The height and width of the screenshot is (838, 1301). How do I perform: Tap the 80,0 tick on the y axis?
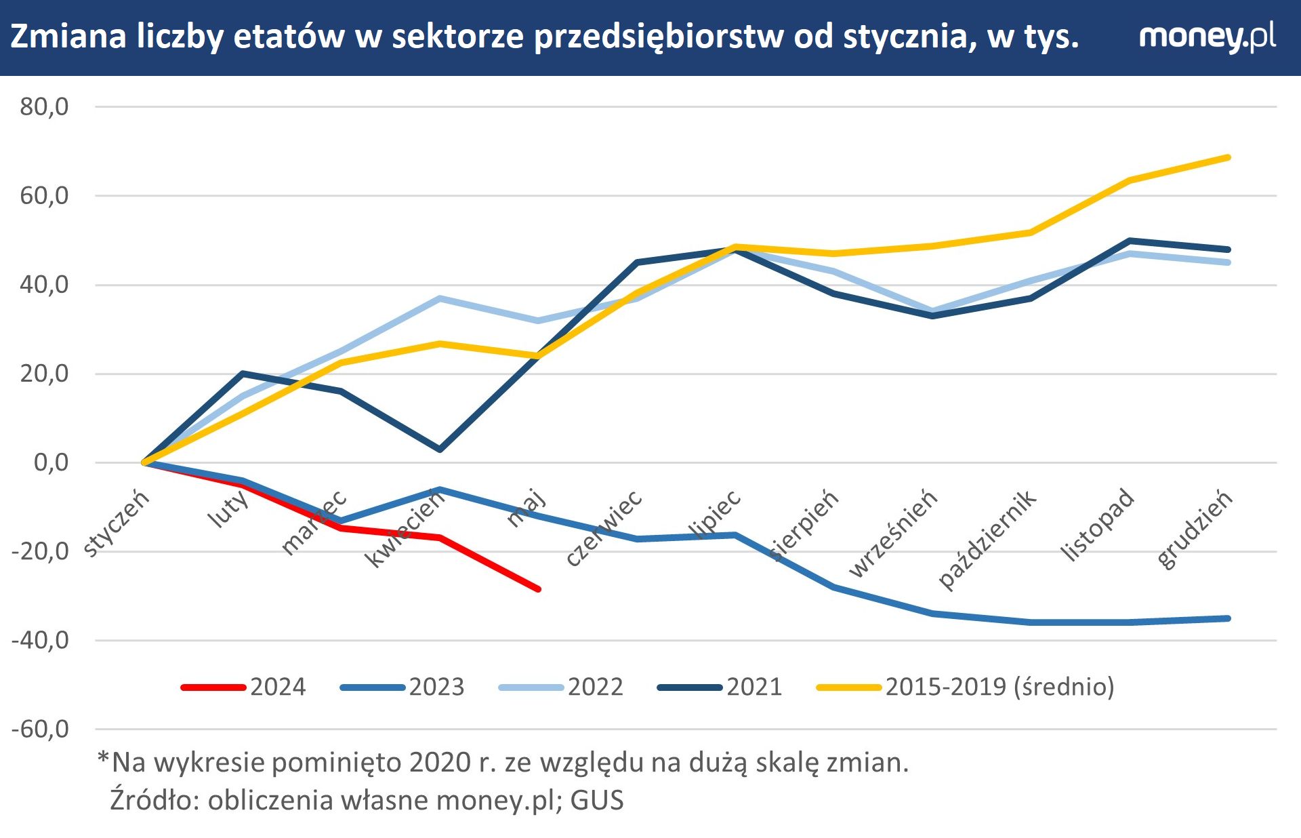click(44, 106)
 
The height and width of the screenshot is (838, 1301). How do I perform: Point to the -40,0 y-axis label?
click(41, 640)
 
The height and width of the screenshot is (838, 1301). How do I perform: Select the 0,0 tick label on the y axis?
click(51, 462)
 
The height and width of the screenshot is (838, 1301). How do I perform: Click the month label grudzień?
click(1194, 530)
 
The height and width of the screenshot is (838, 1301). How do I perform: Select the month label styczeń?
click(116, 523)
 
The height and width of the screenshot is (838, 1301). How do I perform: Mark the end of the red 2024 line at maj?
click(538, 589)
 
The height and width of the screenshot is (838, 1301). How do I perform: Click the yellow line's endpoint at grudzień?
click(1228, 158)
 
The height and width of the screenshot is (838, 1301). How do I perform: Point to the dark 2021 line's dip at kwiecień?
click(440, 450)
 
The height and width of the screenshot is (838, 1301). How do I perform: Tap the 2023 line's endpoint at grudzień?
click(1228, 618)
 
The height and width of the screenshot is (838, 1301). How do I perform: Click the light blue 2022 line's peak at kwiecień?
click(440, 298)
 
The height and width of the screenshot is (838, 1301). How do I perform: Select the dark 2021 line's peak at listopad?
click(1129, 241)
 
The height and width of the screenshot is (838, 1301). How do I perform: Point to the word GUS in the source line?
click(596, 800)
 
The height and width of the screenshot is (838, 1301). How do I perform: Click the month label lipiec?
click(715, 515)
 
